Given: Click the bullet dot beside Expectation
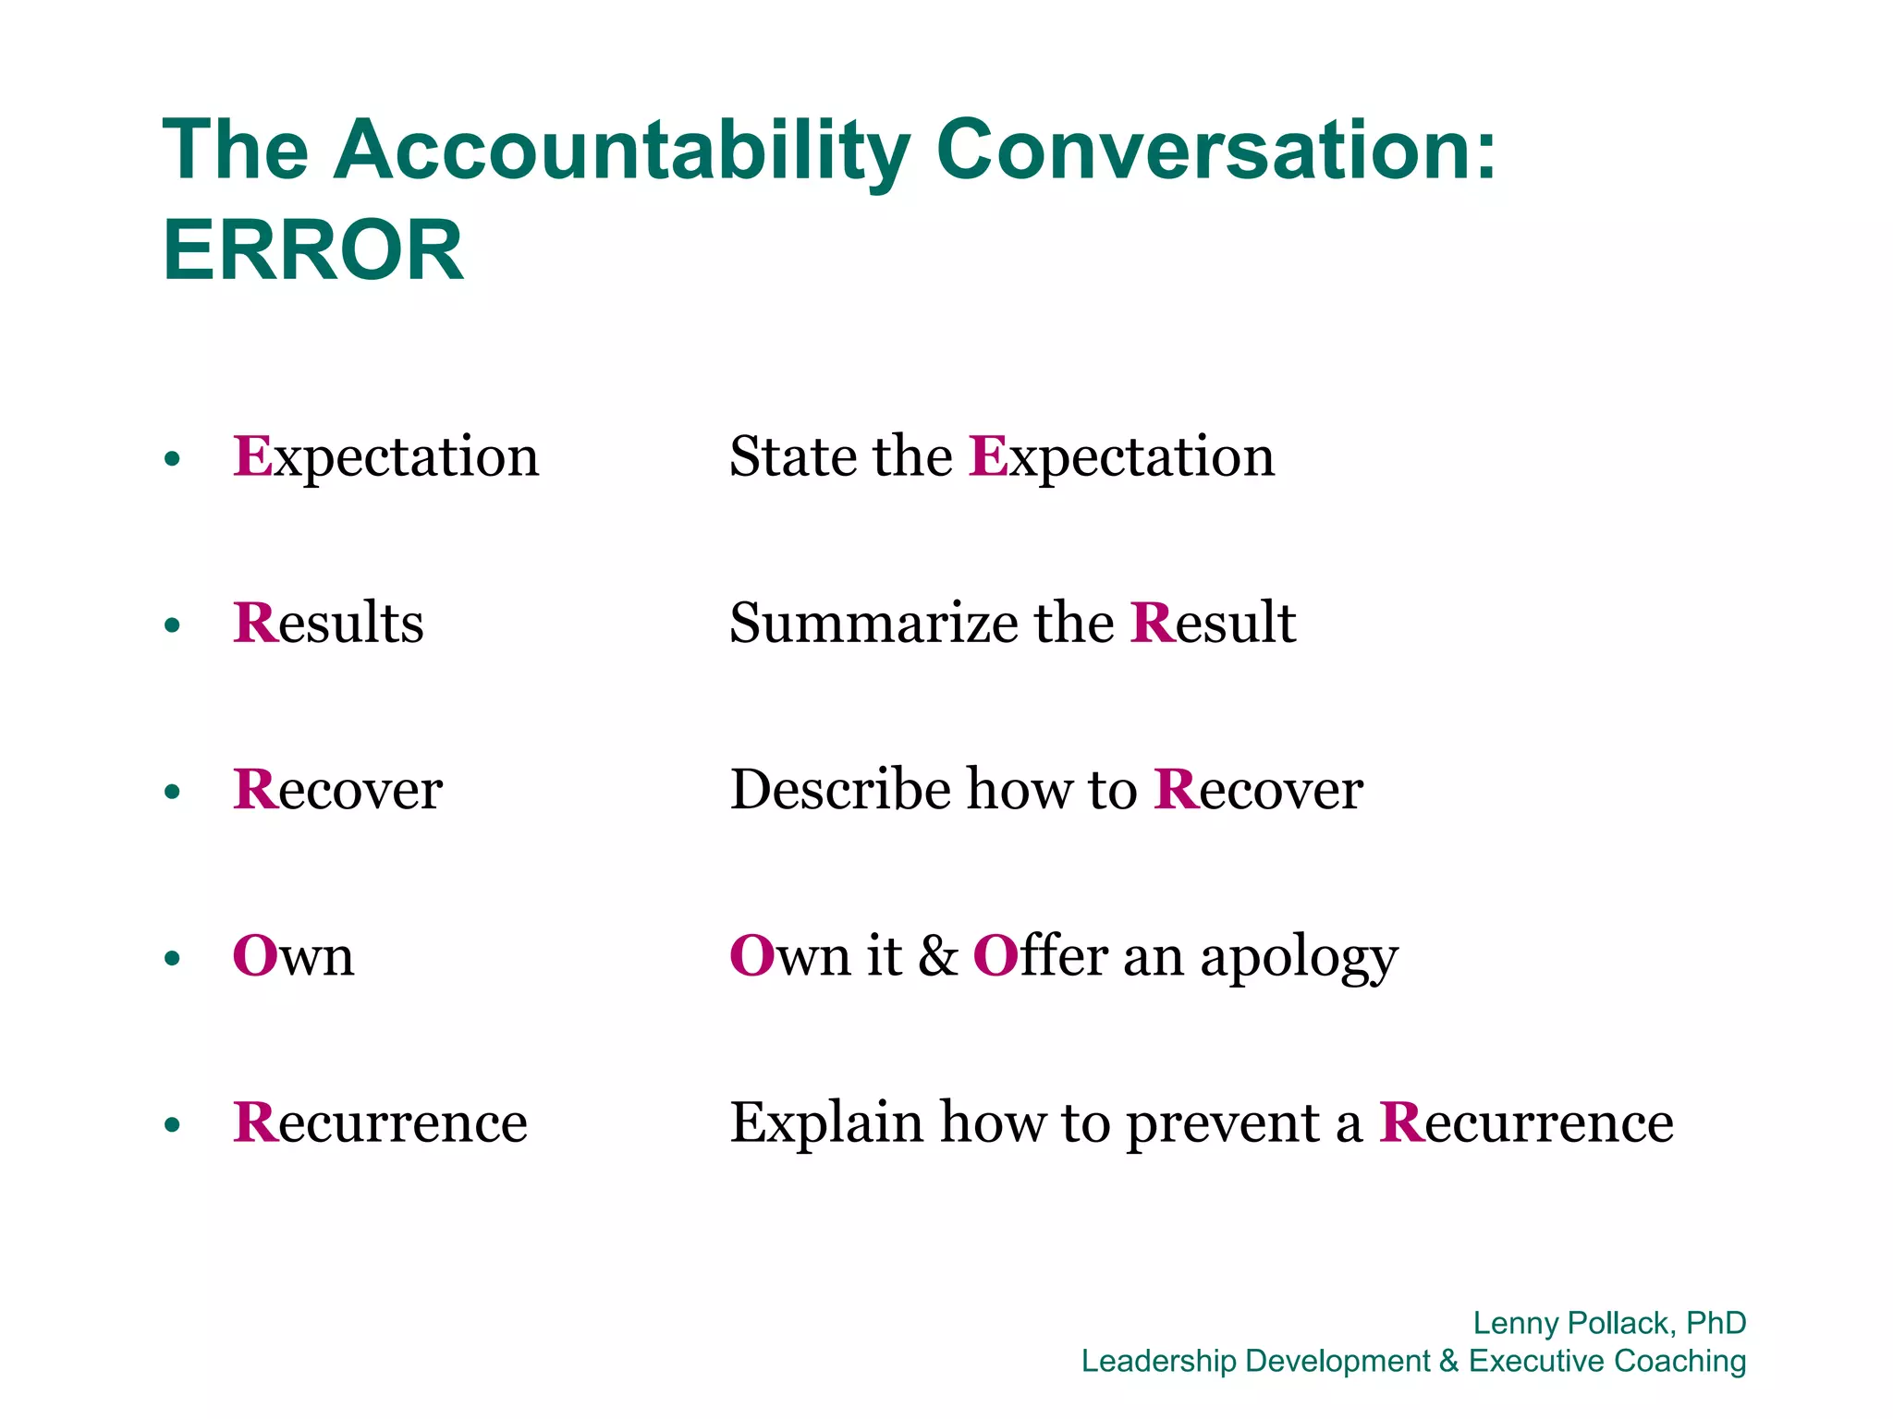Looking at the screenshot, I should point(172,459).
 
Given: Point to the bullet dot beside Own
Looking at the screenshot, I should point(172,958).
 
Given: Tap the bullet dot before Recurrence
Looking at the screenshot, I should point(172,1124).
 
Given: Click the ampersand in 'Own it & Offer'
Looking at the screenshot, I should point(937,956).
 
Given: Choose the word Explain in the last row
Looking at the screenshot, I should point(827,1122).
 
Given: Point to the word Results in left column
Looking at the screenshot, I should point(328,623).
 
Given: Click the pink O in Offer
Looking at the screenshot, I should point(995,956).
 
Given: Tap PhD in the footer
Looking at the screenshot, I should point(1716,1323).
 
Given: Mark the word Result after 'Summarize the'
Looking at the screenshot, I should point(1213,623).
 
